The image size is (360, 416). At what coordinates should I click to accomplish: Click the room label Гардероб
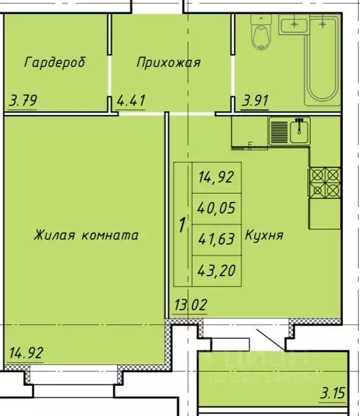(55, 62)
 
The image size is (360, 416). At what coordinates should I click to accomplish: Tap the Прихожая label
(168, 62)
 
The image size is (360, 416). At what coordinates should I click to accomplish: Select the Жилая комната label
(86, 235)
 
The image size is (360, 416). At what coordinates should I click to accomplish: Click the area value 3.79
(23, 100)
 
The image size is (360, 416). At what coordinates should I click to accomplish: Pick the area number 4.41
(131, 100)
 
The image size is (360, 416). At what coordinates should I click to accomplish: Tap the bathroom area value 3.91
(255, 100)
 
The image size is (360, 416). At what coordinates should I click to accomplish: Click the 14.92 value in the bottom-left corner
(26, 353)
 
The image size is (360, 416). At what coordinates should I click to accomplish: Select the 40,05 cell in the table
(216, 209)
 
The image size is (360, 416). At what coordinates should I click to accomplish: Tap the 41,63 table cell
(216, 239)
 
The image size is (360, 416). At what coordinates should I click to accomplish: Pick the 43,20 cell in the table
(216, 269)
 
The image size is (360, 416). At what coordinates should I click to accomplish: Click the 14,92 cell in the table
(216, 178)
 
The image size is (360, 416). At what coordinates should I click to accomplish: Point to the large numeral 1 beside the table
(182, 225)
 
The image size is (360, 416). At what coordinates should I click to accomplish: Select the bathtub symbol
(322, 58)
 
